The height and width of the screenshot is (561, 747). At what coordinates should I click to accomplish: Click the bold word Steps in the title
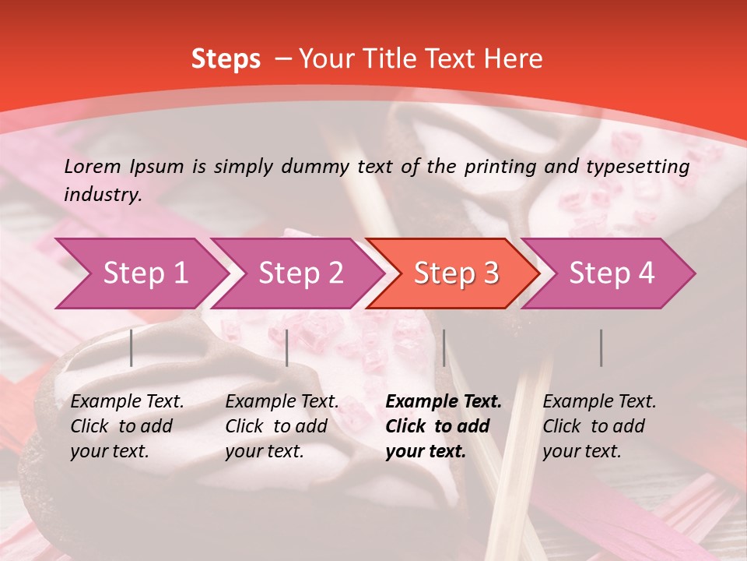226,59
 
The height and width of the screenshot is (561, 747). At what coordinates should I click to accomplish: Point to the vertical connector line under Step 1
132,348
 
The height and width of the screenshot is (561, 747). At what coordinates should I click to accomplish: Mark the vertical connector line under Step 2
287,348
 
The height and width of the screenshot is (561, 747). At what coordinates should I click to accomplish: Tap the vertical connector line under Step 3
444,348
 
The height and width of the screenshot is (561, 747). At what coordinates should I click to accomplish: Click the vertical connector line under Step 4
601,348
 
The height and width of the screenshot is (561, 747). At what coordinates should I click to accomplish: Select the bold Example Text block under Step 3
444,426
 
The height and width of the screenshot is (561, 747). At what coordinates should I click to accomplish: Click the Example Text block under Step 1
127,426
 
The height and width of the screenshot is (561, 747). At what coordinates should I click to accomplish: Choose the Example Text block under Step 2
282,426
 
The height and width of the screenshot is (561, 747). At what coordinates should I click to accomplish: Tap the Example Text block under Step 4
599,426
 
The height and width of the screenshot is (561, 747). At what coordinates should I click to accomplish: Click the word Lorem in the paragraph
93,167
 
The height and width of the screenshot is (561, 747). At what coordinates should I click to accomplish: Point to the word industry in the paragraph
103,195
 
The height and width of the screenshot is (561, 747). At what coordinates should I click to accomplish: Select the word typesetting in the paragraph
644,167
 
